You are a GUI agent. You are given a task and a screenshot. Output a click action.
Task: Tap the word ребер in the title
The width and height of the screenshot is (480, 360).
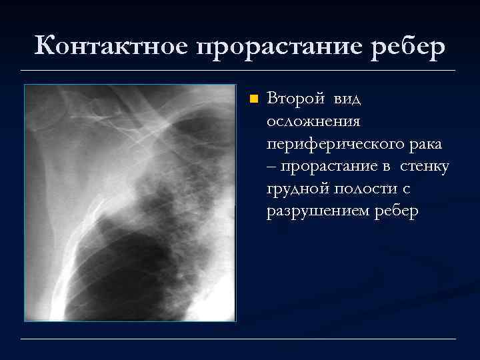click(x=405, y=47)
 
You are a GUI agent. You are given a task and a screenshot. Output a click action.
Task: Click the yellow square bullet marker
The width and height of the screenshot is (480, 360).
click(x=253, y=100)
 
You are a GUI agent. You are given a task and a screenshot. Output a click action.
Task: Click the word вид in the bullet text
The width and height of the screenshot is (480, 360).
click(x=346, y=99)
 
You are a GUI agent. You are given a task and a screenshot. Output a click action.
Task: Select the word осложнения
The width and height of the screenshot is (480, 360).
click(x=313, y=121)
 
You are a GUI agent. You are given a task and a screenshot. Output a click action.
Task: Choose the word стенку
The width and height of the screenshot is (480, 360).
click(x=425, y=167)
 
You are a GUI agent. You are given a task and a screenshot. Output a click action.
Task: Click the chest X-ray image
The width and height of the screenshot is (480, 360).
click(x=130, y=203)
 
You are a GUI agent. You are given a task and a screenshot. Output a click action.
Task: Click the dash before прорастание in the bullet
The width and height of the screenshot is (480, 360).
click(x=271, y=167)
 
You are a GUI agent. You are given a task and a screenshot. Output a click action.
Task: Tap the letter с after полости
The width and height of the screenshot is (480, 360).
click(x=405, y=189)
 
